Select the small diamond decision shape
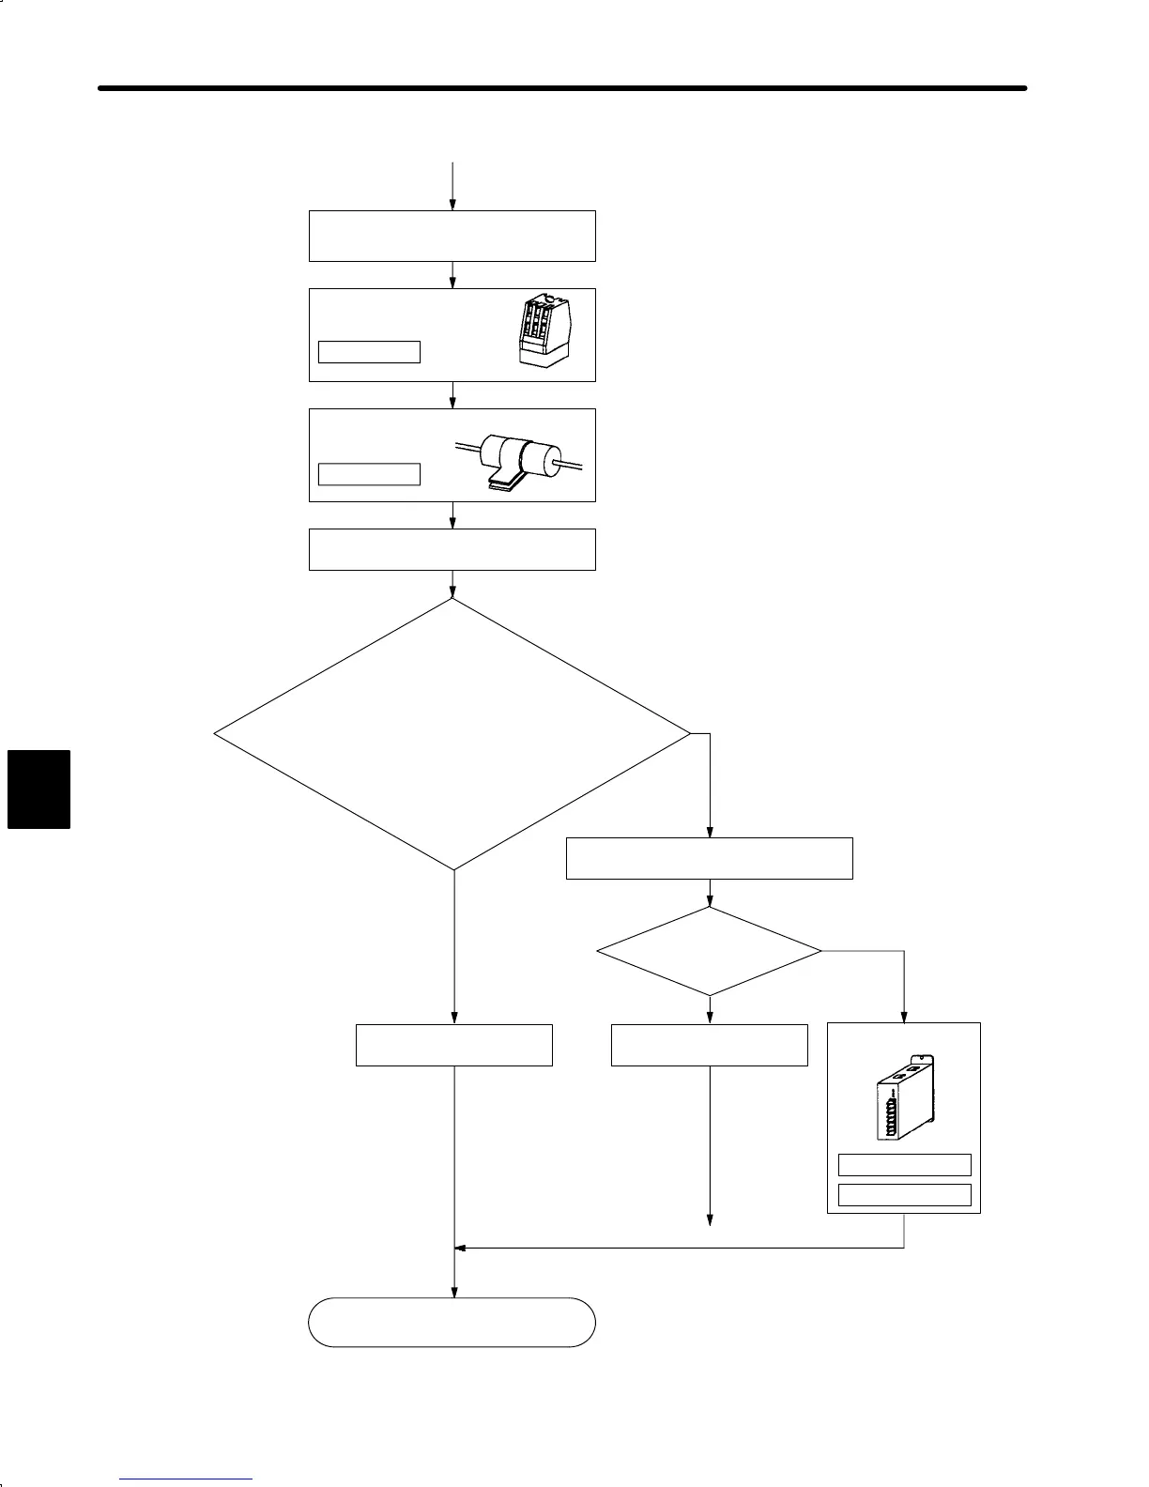pos(710,951)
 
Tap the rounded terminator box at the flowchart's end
pos(452,1322)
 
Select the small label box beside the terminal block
pos(369,352)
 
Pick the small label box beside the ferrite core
pos(369,474)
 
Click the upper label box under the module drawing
pos(904,1165)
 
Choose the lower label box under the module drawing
pos(904,1194)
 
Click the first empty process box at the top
pos(452,236)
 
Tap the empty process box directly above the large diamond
pos(452,549)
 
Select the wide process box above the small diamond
pos(710,858)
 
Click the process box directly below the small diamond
pos(710,1045)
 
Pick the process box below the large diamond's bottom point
pos(454,1045)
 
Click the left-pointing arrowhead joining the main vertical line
pos(460,1248)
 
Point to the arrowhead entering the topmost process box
pos(452,206)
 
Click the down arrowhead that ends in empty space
pos(710,1221)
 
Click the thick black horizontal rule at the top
pos(563,88)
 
